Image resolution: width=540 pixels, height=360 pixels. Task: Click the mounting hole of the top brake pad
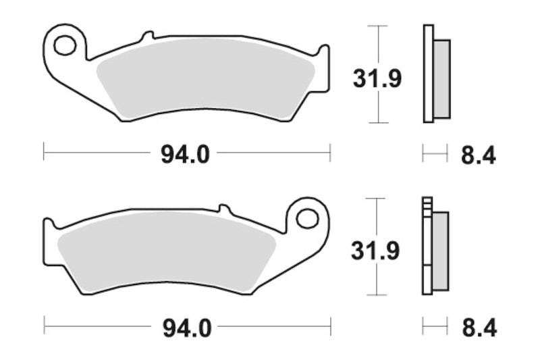[x=65, y=46]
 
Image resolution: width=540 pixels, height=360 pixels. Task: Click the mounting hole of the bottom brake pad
[x=307, y=219]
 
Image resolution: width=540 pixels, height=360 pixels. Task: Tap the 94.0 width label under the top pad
[x=185, y=155]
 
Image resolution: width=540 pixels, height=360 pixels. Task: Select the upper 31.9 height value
[x=377, y=79]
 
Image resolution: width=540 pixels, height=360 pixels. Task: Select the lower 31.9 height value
[x=375, y=251]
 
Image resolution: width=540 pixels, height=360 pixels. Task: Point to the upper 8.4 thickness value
[x=479, y=156]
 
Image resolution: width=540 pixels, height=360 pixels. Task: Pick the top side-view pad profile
[x=435, y=74]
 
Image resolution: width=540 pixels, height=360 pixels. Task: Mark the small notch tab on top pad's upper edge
[x=148, y=34]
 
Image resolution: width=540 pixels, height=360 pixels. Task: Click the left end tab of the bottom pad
[x=48, y=240]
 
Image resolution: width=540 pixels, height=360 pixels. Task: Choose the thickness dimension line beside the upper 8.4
[x=435, y=155]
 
